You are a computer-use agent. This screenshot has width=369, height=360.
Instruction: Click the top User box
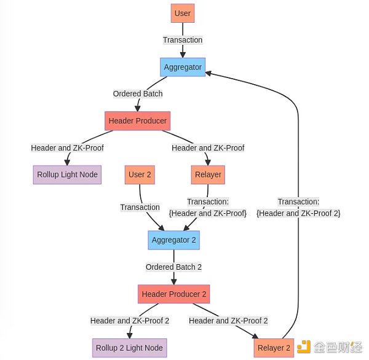click(x=183, y=13)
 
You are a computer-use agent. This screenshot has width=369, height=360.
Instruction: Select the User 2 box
click(x=140, y=174)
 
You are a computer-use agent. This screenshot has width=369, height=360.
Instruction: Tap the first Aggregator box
click(x=183, y=67)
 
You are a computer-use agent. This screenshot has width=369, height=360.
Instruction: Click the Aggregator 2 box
click(x=174, y=240)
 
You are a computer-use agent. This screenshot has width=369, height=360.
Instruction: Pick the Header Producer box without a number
click(x=137, y=120)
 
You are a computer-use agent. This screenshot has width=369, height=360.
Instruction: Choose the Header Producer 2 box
click(x=175, y=294)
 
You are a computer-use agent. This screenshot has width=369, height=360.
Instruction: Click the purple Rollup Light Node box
click(x=67, y=174)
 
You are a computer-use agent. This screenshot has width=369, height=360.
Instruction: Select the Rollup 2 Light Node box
click(x=129, y=348)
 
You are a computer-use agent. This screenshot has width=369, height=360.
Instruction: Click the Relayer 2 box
click(x=274, y=348)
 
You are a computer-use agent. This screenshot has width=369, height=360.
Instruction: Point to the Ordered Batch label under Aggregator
click(x=138, y=94)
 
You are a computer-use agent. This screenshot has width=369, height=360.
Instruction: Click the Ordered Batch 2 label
click(x=173, y=267)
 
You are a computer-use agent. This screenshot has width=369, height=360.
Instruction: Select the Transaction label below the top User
click(x=183, y=40)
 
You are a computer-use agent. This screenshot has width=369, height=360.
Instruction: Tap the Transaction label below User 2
click(x=140, y=207)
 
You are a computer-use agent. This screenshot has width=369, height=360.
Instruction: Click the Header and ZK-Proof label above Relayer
click(x=208, y=148)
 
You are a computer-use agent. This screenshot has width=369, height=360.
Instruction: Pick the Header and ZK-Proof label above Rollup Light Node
click(x=67, y=148)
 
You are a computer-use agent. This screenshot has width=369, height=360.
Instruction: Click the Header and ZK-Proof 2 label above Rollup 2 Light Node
click(x=129, y=321)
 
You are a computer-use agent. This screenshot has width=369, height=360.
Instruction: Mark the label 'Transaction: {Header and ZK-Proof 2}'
click(x=298, y=207)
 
